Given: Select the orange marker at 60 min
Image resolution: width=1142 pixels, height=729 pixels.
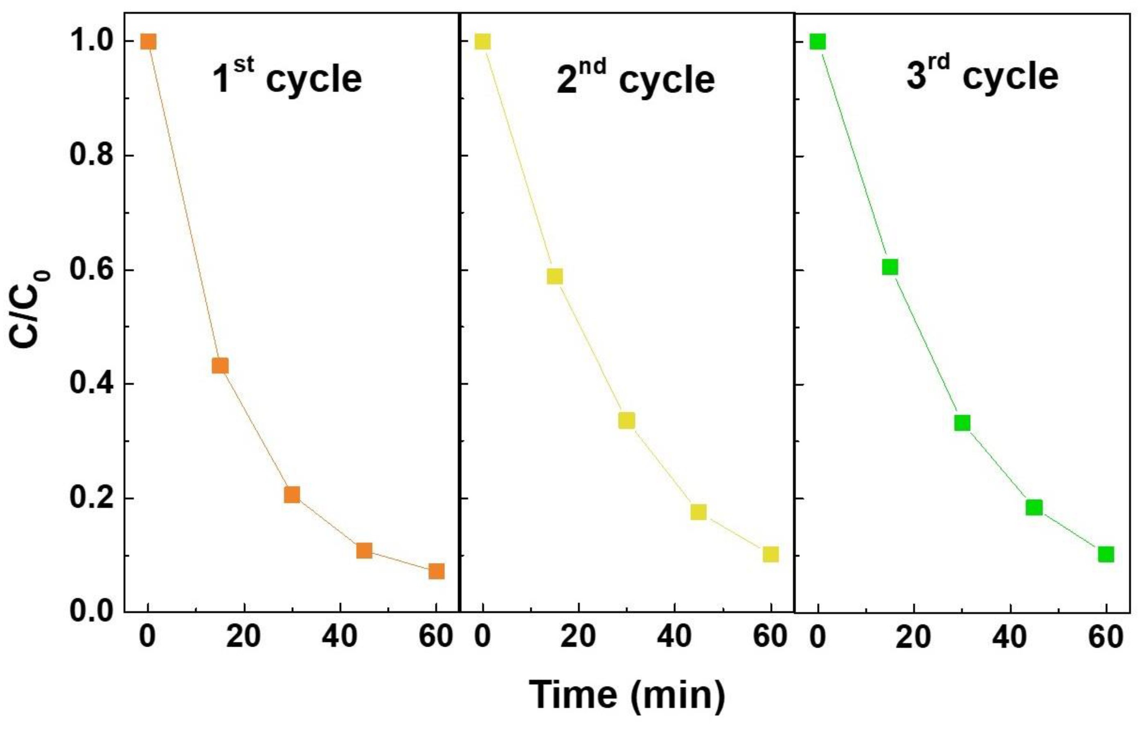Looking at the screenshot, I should tap(436, 571).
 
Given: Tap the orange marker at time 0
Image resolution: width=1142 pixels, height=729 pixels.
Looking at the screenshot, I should tap(148, 42).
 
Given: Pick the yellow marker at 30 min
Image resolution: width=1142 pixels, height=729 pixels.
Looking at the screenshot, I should tap(626, 420).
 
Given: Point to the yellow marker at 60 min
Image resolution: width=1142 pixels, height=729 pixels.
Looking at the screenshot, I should tap(770, 554).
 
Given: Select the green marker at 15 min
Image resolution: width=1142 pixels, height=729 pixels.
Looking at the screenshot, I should tap(890, 267).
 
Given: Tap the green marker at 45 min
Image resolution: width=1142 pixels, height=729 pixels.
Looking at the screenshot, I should tap(1034, 508).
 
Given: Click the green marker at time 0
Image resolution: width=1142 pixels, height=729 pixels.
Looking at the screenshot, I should tap(818, 42).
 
